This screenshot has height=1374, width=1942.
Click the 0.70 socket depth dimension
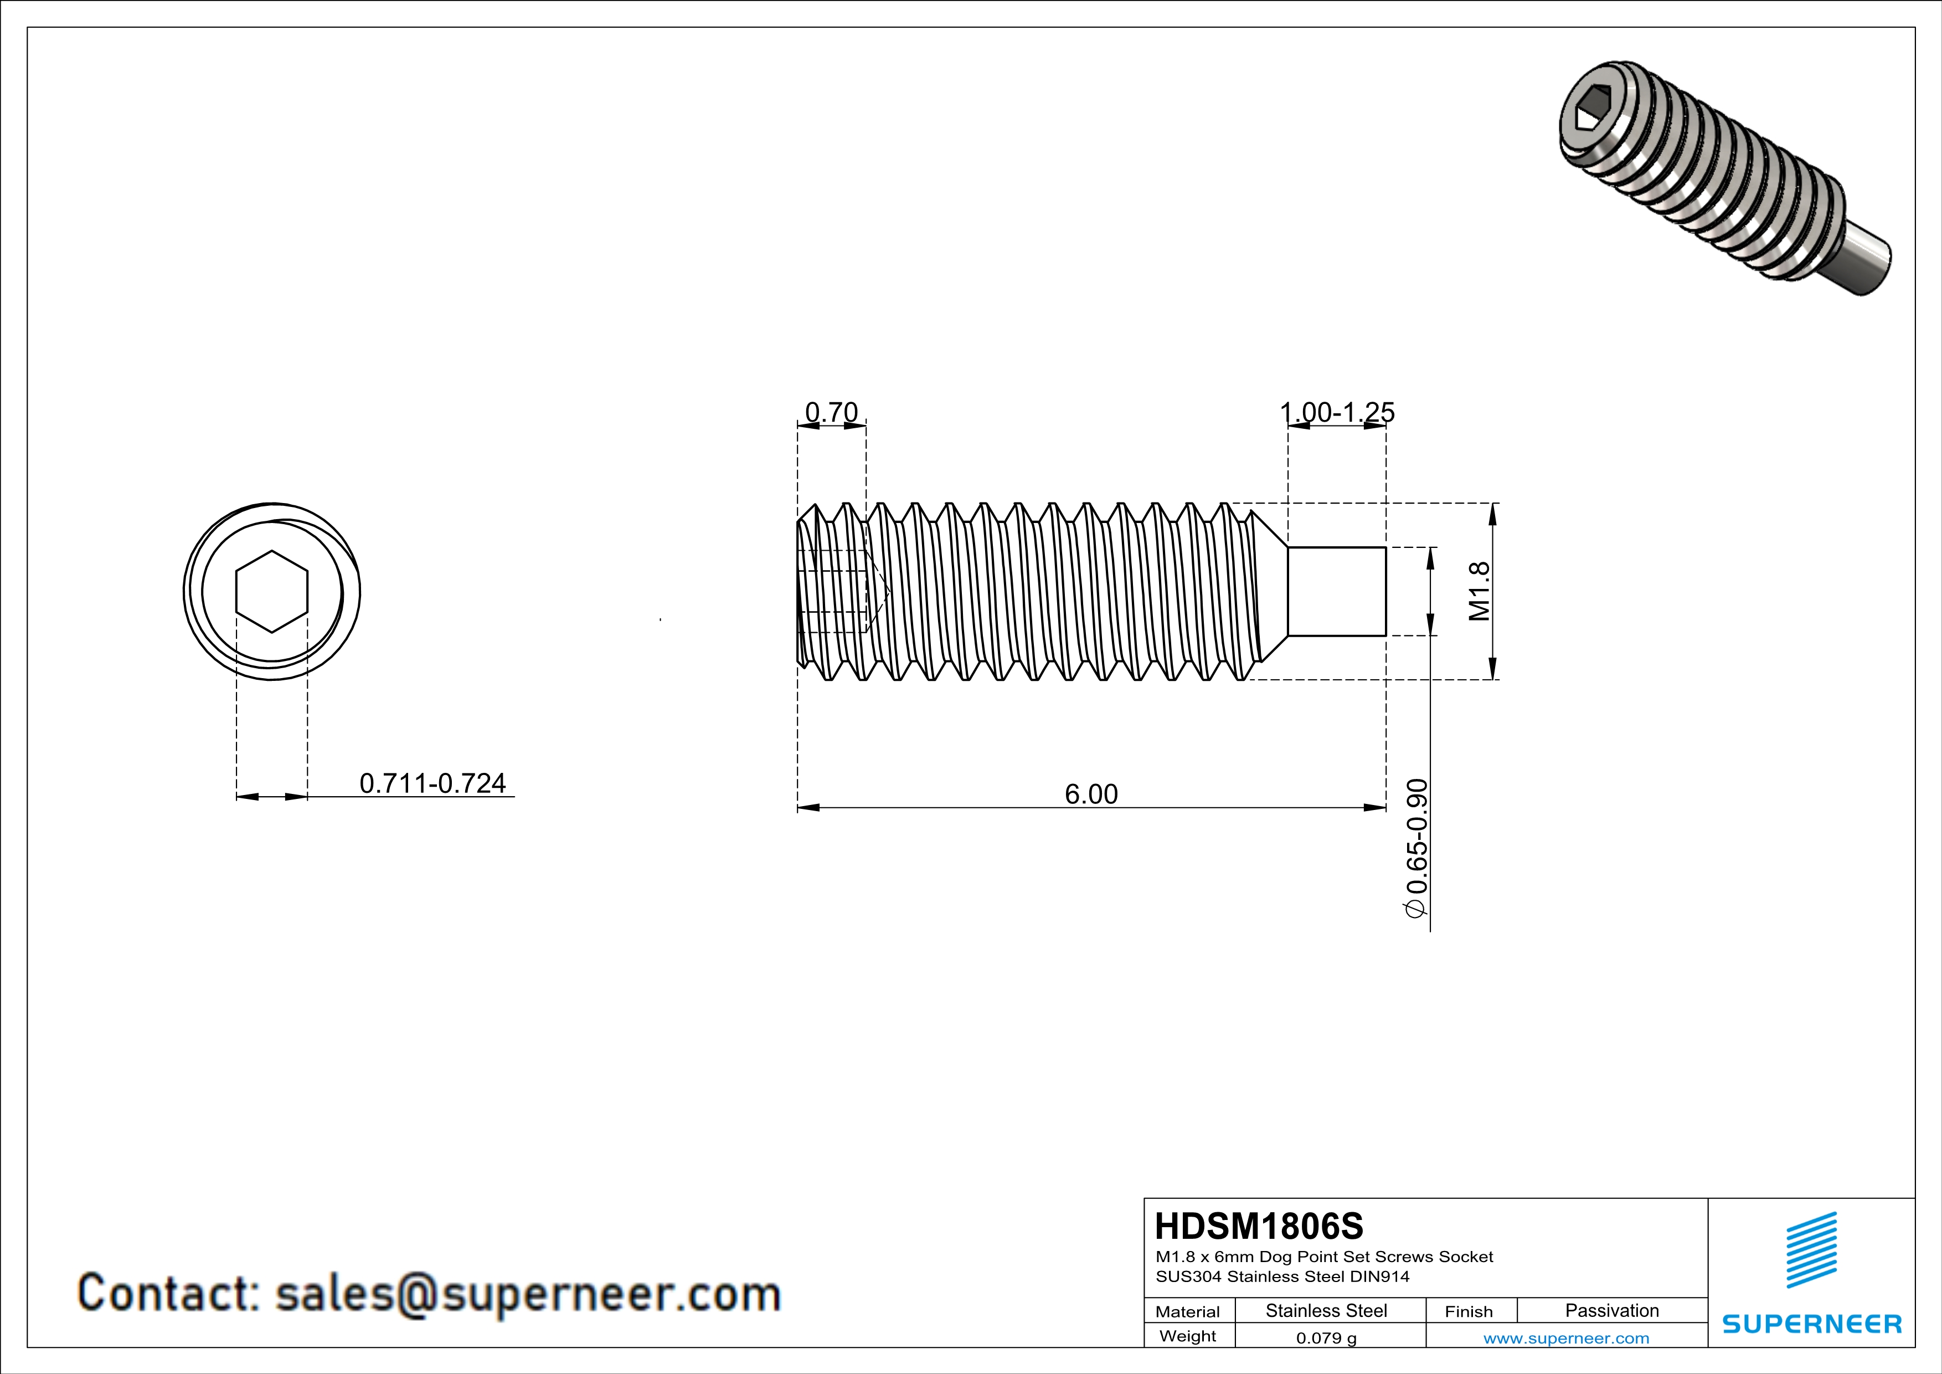831,412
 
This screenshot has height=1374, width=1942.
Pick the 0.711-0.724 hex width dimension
432,783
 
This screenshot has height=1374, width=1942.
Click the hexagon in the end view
271,591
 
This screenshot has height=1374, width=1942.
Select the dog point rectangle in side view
1336,591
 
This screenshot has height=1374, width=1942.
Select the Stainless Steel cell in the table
1325,1310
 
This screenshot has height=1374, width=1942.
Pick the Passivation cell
1611,1310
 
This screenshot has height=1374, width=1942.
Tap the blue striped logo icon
1811,1250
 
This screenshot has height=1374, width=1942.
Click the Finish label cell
1469,1311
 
